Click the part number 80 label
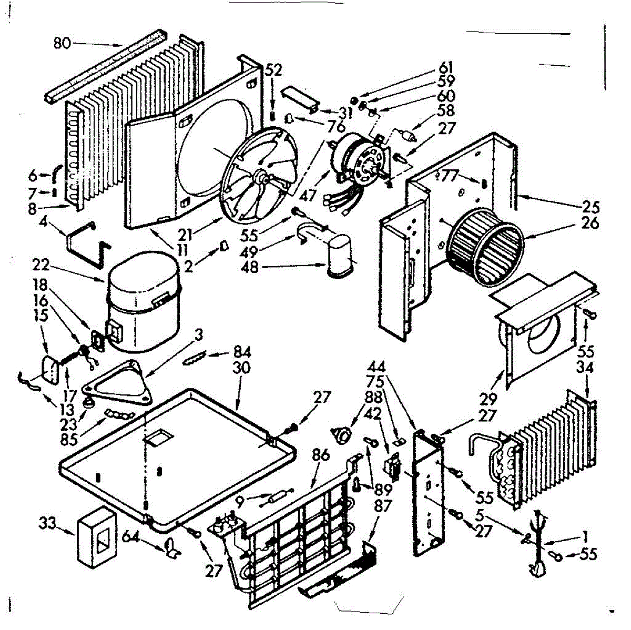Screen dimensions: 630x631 [62, 43]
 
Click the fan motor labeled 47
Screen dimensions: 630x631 [360, 158]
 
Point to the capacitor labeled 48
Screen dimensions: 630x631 [340, 255]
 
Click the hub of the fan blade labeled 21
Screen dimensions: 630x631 [261, 179]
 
